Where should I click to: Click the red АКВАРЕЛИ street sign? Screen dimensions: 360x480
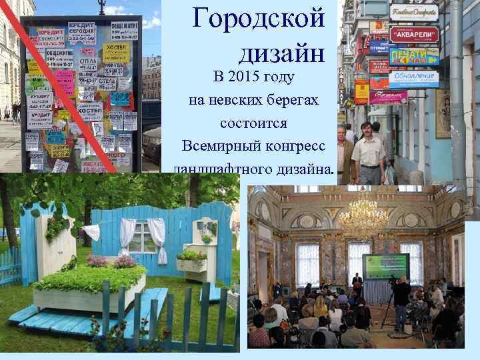(x=413, y=34)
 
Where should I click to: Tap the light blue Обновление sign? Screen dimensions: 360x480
(x=415, y=77)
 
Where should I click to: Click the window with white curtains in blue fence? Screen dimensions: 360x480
(x=141, y=237)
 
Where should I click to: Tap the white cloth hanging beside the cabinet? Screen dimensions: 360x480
(x=92, y=233)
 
